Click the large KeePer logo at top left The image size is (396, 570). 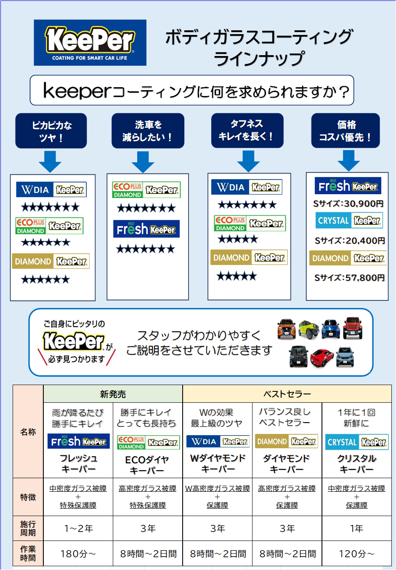(90, 43)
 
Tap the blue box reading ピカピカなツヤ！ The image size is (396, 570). (51, 131)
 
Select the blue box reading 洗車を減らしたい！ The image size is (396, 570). (148, 131)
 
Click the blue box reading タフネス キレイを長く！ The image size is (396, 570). (247, 130)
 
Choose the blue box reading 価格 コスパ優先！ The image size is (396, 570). (346, 131)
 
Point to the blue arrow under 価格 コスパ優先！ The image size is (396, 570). (348, 161)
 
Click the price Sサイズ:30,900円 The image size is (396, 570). (348, 204)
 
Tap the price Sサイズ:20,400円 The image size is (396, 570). (350, 241)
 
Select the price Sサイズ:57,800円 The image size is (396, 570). (349, 278)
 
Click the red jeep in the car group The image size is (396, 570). (352, 328)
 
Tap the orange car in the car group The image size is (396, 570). (287, 329)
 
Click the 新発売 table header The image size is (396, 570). (113, 394)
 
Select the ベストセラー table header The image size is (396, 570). (287, 394)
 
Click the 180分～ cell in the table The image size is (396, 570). (78, 554)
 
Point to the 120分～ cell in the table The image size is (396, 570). (356, 554)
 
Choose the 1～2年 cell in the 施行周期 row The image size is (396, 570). (78, 528)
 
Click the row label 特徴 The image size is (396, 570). (28, 497)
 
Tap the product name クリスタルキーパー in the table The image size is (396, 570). (356, 464)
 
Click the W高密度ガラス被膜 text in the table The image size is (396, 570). (218, 488)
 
